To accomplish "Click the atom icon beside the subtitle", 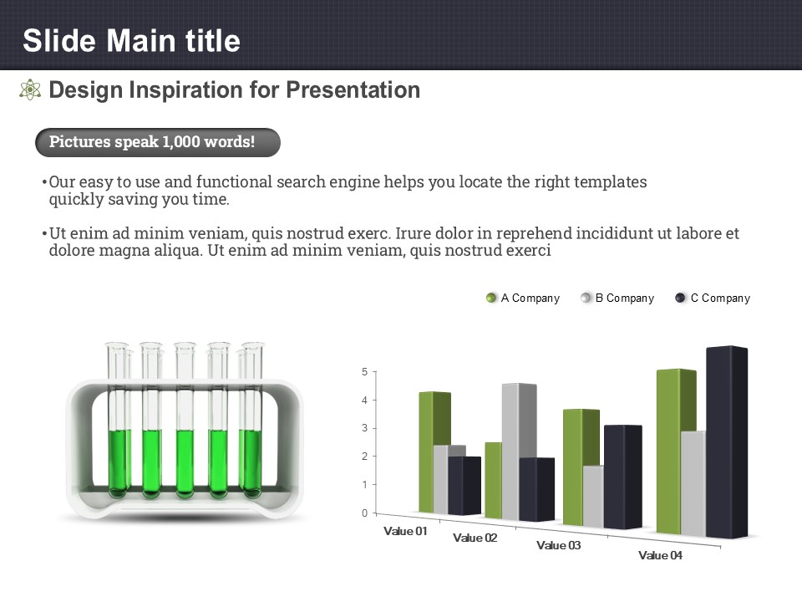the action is click(30, 89).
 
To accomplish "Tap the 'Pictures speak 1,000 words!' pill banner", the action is click(158, 142).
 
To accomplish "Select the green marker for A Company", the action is click(491, 298).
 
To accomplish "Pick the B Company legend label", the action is click(625, 298).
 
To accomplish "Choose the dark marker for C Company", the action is click(680, 298).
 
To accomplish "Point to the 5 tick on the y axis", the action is click(365, 371).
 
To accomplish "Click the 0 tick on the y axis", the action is click(365, 513).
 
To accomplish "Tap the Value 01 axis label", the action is click(405, 532).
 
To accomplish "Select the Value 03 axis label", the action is click(559, 546).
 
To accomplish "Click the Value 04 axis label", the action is click(660, 555).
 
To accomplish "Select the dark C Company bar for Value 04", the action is click(727, 442).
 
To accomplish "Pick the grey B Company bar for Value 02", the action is click(519, 451).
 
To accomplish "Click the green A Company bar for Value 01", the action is click(434, 452).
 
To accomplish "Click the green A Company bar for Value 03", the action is click(581, 467).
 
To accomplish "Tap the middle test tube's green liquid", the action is click(185, 463).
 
